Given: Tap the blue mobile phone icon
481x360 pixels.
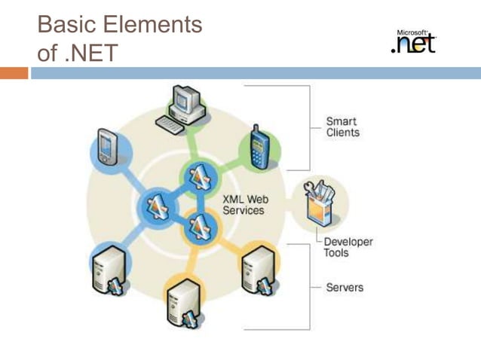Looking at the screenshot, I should pos(259,147).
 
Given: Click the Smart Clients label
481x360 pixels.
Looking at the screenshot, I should pos(342,127).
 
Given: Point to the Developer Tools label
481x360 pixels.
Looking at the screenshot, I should pos(348,247).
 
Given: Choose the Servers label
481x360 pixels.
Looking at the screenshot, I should pos(345,287).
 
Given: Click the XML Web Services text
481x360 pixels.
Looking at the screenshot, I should pos(244,205).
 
